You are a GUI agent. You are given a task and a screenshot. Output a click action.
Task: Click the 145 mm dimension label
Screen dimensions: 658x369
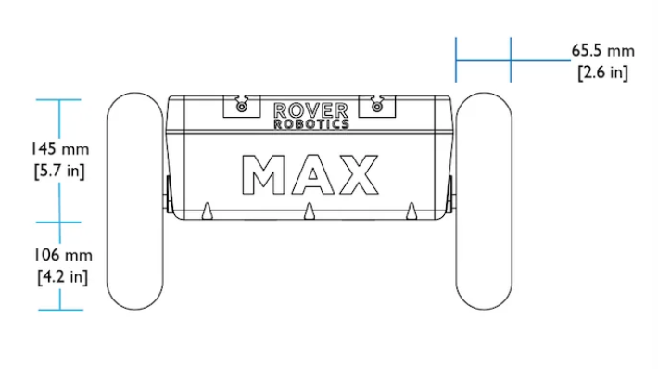click(x=60, y=149)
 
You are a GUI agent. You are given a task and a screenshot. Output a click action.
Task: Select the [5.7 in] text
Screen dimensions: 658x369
click(x=59, y=171)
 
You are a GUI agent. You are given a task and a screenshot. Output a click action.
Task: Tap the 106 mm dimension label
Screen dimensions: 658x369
click(x=63, y=255)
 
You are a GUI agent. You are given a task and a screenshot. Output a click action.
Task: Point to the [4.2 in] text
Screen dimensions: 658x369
click(x=63, y=276)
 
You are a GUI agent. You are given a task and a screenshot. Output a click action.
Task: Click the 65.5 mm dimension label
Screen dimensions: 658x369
click(x=603, y=51)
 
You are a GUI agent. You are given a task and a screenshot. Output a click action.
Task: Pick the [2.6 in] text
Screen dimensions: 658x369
click(x=603, y=72)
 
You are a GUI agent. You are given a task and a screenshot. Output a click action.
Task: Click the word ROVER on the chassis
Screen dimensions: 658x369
click(x=311, y=111)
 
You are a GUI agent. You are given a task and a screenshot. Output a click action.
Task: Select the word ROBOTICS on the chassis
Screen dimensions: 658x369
click(x=311, y=124)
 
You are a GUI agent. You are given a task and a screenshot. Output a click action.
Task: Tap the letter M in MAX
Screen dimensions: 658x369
click(x=263, y=174)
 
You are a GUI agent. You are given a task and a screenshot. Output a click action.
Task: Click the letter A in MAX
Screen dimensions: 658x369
click(x=313, y=174)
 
